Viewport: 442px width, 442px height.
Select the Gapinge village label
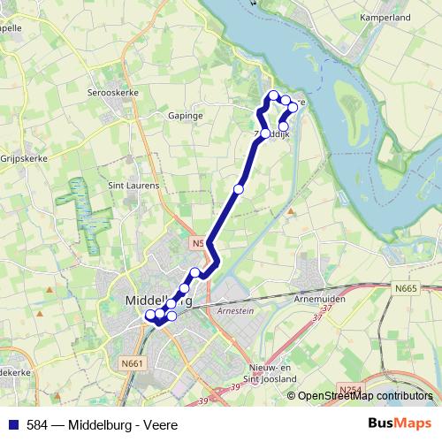point(186,115)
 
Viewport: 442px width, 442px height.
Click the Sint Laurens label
point(133,186)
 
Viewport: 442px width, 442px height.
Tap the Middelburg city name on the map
point(159,300)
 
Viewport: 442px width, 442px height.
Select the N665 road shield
point(406,287)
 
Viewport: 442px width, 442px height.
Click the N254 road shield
point(348,388)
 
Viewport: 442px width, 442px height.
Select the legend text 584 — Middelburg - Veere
point(95,424)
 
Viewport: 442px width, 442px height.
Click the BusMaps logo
point(400,423)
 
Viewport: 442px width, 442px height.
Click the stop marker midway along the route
point(238,188)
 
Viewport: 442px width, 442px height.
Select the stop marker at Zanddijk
point(265,133)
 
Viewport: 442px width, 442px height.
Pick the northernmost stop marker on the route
point(274,95)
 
